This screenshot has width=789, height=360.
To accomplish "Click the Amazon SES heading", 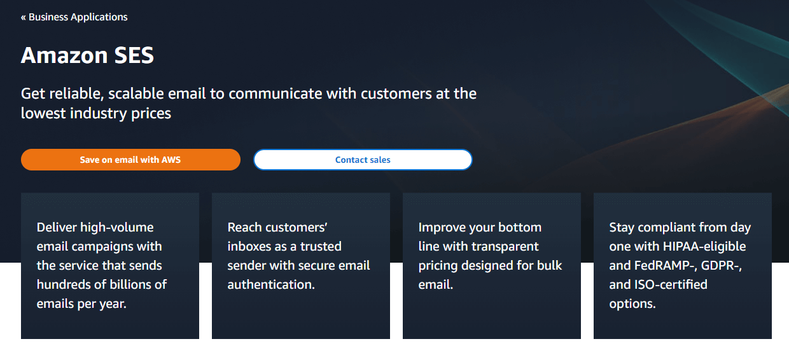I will point(87,55).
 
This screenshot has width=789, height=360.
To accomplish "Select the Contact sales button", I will point(363,160).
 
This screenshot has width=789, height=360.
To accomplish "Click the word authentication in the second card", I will point(271,284).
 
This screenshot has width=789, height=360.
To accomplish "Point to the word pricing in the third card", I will point(440,265).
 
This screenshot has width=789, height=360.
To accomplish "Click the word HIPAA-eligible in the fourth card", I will point(704,246).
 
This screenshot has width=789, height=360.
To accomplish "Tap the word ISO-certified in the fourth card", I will point(667,284).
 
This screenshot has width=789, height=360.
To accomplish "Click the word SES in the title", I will point(134,55).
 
